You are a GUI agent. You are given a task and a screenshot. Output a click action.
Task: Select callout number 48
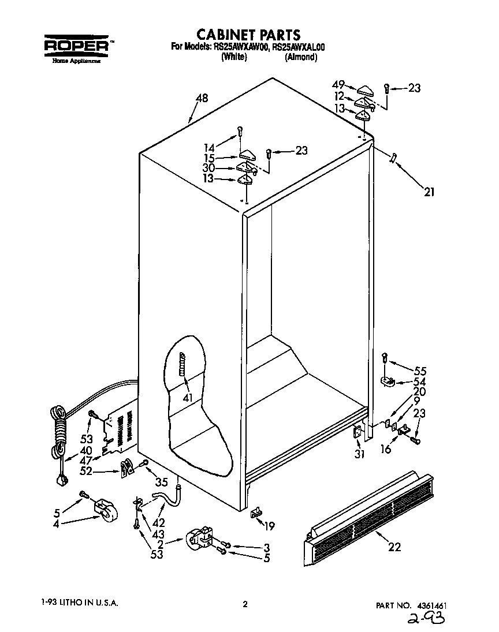(x=202, y=98)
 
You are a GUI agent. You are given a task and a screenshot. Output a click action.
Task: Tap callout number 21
(x=428, y=192)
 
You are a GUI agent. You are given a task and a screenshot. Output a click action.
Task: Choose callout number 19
(x=268, y=525)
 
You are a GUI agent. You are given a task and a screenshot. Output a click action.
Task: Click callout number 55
(x=420, y=371)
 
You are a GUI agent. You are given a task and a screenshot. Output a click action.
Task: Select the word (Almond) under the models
(x=300, y=57)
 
